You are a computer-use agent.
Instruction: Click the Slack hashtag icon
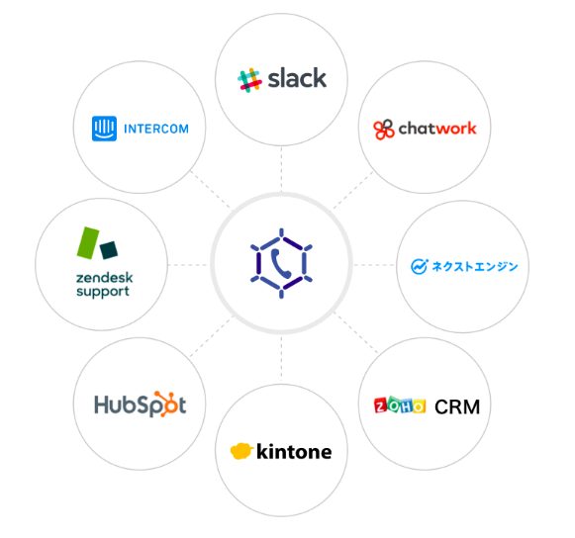point(249,80)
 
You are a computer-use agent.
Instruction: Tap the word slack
point(297,78)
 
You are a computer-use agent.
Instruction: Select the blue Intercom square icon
point(104,129)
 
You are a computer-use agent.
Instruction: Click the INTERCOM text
point(156,129)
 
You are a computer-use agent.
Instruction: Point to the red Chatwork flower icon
point(384,130)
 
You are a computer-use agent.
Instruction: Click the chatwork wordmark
point(437,129)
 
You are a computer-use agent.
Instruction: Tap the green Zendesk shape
point(88,243)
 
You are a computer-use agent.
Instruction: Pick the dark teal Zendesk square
point(109,250)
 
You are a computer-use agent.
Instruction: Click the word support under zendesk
point(103,292)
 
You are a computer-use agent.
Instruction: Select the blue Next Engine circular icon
point(419,266)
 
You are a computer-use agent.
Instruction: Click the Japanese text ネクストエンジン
point(474,266)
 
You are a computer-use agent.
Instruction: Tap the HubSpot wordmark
point(141,404)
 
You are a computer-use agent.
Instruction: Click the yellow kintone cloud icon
point(241,451)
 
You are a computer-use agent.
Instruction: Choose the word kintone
point(294,451)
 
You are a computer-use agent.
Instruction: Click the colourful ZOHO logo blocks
point(400,404)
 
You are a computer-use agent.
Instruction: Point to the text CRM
point(457,406)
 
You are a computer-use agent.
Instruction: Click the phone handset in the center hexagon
point(281,263)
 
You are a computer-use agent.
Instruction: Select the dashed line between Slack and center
point(281,169)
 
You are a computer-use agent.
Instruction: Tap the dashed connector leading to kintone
point(281,358)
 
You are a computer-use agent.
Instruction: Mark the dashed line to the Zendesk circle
point(187,265)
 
